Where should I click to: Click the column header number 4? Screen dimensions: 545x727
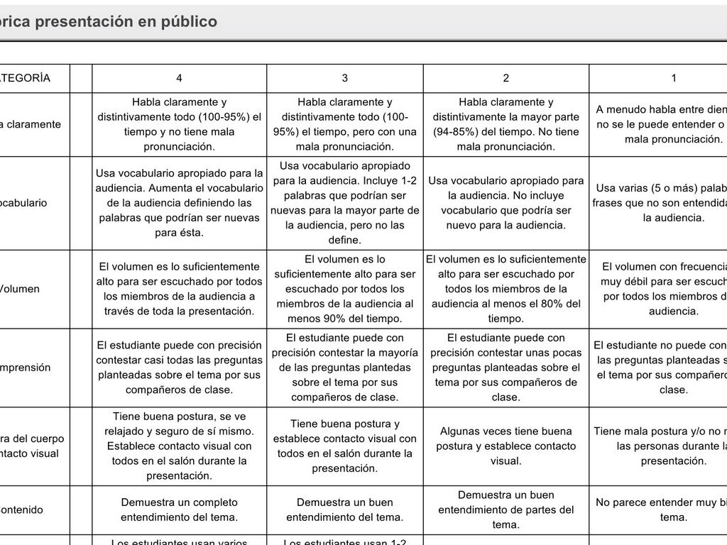(x=179, y=78)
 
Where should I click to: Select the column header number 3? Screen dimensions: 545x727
(x=345, y=78)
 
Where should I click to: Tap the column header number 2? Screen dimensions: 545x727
(x=505, y=78)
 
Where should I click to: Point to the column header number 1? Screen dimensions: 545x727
(x=674, y=78)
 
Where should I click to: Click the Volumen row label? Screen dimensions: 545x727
(x=20, y=289)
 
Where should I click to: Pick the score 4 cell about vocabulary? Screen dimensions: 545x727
(x=179, y=202)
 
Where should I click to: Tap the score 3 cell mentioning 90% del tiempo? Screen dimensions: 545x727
(x=345, y=289)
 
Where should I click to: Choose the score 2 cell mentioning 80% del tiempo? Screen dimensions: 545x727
(x=505, y=289)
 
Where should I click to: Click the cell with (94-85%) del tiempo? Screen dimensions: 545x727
(x=505, y=124)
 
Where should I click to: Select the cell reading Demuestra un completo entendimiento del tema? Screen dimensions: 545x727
(x=179, y=510)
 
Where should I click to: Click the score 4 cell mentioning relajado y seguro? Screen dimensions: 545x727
(x=179, y=446)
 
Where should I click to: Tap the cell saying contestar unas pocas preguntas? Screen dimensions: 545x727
(x=505, y=368)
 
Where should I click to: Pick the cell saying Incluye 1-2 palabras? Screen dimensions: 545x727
(x=345, y=202)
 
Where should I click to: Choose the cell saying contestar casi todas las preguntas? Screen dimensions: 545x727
(x=179, y=368)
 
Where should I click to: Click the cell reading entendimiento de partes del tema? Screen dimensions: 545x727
(x=505, y=510)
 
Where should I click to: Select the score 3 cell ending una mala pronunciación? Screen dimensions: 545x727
(x=345, y=124)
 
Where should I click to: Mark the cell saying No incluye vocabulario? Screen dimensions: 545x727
(x=505, y=202)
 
